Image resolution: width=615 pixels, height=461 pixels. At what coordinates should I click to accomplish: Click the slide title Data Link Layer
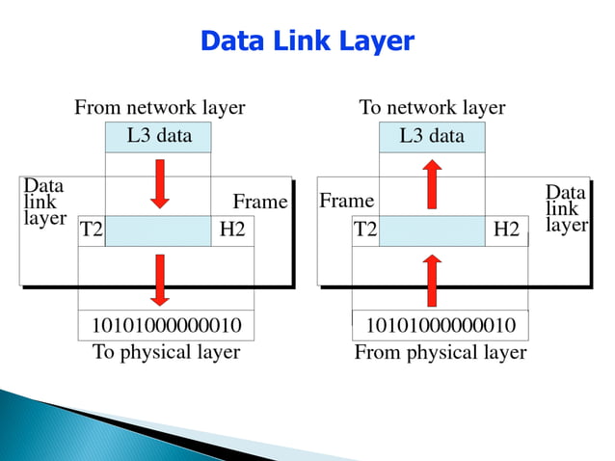pyautogui.click(x=307, y=41)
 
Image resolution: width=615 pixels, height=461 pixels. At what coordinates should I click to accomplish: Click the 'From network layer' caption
pyautogui.click(x=159, y=107)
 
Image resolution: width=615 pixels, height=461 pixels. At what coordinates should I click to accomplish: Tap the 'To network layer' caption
pyautogui.click(x=432, y=107)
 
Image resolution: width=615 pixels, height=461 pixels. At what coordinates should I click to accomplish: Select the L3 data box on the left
pyautogui.click(x=159, y=136)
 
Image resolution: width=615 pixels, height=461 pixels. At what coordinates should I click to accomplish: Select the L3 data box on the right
pyautogui.click(x=432, y=136)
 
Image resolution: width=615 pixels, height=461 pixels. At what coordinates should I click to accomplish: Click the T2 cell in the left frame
pyautogui.click(x=92, y=230)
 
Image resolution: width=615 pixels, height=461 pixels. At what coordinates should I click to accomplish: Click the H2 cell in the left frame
pyautogui.click(x=232, y=230)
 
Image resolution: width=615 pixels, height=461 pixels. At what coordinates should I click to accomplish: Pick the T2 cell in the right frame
pyautogui.click(x=365, y=230)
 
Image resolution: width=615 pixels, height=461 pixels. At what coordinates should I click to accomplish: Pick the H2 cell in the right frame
pyautogui.click(x=506, y=230)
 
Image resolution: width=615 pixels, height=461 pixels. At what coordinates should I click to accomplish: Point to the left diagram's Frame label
pyautogui.click(x=260, y=202)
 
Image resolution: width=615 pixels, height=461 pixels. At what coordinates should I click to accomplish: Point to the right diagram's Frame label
pyautogui.click(x=346, y=201)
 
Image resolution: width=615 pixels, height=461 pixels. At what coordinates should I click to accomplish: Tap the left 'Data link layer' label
pyautogui.click(x=44, y=202)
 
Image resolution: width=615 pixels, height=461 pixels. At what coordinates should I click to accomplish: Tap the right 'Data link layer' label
pyautogui.click(x=566, y=207)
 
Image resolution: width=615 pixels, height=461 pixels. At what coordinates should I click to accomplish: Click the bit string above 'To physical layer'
pyautogui.click(x=166, y=325)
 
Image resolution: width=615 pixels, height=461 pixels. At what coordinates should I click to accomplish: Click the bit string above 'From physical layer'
pyautogui.click(x=441, y=325)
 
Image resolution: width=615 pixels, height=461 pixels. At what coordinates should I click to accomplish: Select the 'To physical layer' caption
pyautogui.click(x=166, y=352)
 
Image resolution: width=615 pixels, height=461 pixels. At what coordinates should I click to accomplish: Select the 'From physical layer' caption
pyautogui.click(x=441, y=352)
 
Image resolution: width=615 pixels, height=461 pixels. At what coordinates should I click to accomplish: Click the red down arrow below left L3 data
pyautogui.click(x=160, y=183)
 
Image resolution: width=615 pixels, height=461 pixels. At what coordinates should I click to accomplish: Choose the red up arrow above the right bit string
pyautogui.click(x=432, y=280)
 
